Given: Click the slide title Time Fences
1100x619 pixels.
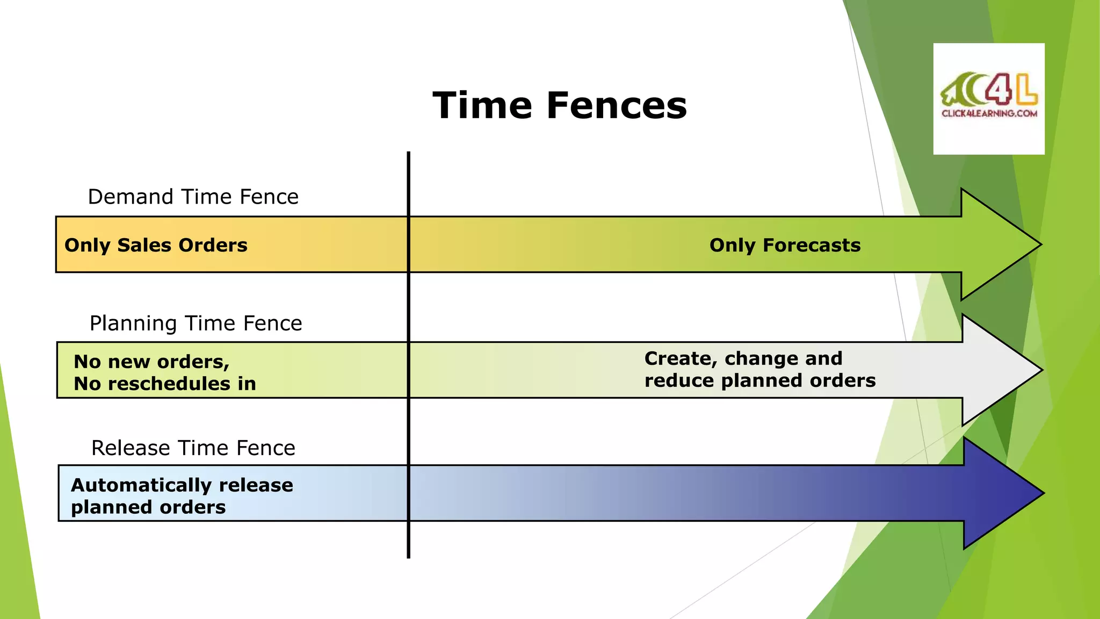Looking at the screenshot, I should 560,105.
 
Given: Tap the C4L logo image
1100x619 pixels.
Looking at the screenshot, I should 989,98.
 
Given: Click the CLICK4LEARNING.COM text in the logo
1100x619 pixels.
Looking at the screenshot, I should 989,113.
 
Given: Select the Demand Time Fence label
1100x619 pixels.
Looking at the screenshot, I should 193,197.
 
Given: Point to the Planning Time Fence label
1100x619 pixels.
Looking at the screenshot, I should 196,323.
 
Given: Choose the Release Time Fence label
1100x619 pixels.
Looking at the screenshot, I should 193,448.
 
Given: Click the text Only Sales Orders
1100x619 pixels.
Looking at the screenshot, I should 156,246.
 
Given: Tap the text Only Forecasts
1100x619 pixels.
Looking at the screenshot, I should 785,246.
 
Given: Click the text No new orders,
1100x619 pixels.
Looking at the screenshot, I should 151,362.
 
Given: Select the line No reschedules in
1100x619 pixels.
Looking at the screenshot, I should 164,384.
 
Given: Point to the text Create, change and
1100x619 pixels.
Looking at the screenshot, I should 743,358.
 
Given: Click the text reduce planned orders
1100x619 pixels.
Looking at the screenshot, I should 759,380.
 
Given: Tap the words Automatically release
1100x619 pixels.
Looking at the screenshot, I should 182,485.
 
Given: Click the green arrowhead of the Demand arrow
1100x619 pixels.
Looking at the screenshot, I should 994,244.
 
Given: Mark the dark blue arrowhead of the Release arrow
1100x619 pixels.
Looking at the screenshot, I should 996,493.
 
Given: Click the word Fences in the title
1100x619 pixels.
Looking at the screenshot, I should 617,105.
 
